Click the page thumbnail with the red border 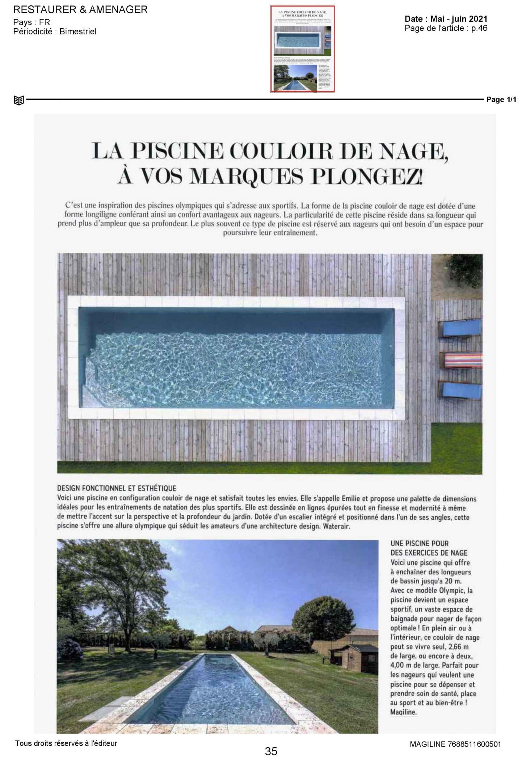click(x=302, y=49)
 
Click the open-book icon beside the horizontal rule click(x=18, y=100)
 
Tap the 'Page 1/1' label click(x=501, y=100)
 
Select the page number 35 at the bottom click(x=271, y=751)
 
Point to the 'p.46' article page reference click(x=479, y=28)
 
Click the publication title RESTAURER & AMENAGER click(x=80, y=10)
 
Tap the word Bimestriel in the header click(x=78, y=31)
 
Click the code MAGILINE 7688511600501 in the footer click(x=455, y=744)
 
